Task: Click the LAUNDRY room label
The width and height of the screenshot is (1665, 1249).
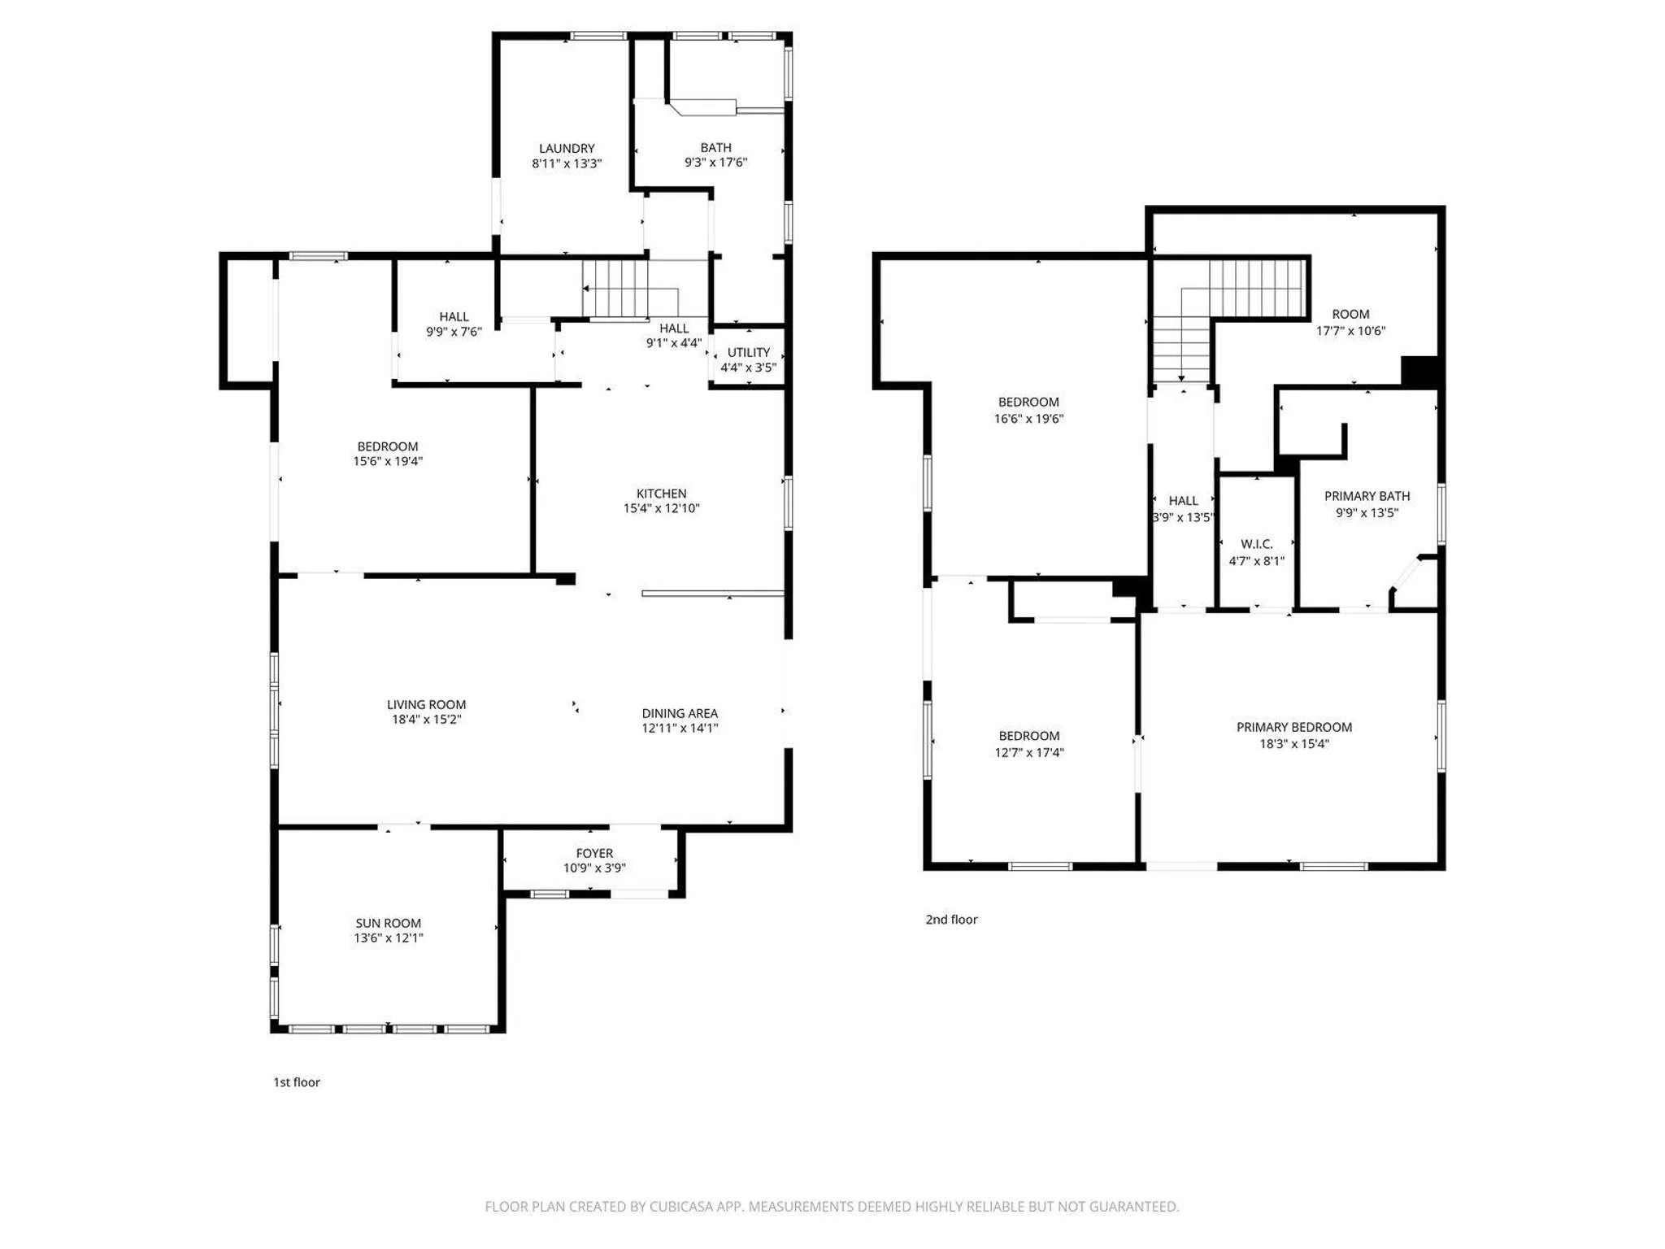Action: (x=567, y=148)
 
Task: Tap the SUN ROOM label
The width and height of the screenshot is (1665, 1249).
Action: (x=388, y=923)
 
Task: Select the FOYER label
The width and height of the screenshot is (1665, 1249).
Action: (x=594, y=853)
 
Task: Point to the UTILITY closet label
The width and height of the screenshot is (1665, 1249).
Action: (x=749, y=352)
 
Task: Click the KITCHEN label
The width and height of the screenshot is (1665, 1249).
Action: (x=661, y=494)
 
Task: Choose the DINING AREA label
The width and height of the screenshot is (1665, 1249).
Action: (x=680, y=713)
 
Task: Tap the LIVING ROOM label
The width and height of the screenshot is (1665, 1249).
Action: (x=426, y=705)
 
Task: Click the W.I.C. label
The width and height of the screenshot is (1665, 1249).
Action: (x=1257, y=544)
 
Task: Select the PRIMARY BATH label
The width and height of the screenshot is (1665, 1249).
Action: (x=1367, y=496)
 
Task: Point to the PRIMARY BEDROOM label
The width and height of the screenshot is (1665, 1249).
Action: (x=1294, y=727)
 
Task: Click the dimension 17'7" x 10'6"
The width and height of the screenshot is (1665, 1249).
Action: (x=1351, y=331)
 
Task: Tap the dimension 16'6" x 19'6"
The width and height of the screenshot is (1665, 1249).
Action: (x=1028, y=419)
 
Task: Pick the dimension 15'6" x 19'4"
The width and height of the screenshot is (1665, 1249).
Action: (x=388, y=461)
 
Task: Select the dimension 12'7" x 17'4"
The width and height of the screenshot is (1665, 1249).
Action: (x=1029, y=752)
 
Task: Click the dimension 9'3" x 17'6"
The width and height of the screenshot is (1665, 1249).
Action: (x=715, y=162)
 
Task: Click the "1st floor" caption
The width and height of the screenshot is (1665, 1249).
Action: (x=297, y=1082)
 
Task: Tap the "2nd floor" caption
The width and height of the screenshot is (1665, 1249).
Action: (x=951, y=920)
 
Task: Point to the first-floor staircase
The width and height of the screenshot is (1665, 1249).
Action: (x=630, y=289)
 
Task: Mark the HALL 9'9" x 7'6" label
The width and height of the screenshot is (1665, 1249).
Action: (x=454, y=324)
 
